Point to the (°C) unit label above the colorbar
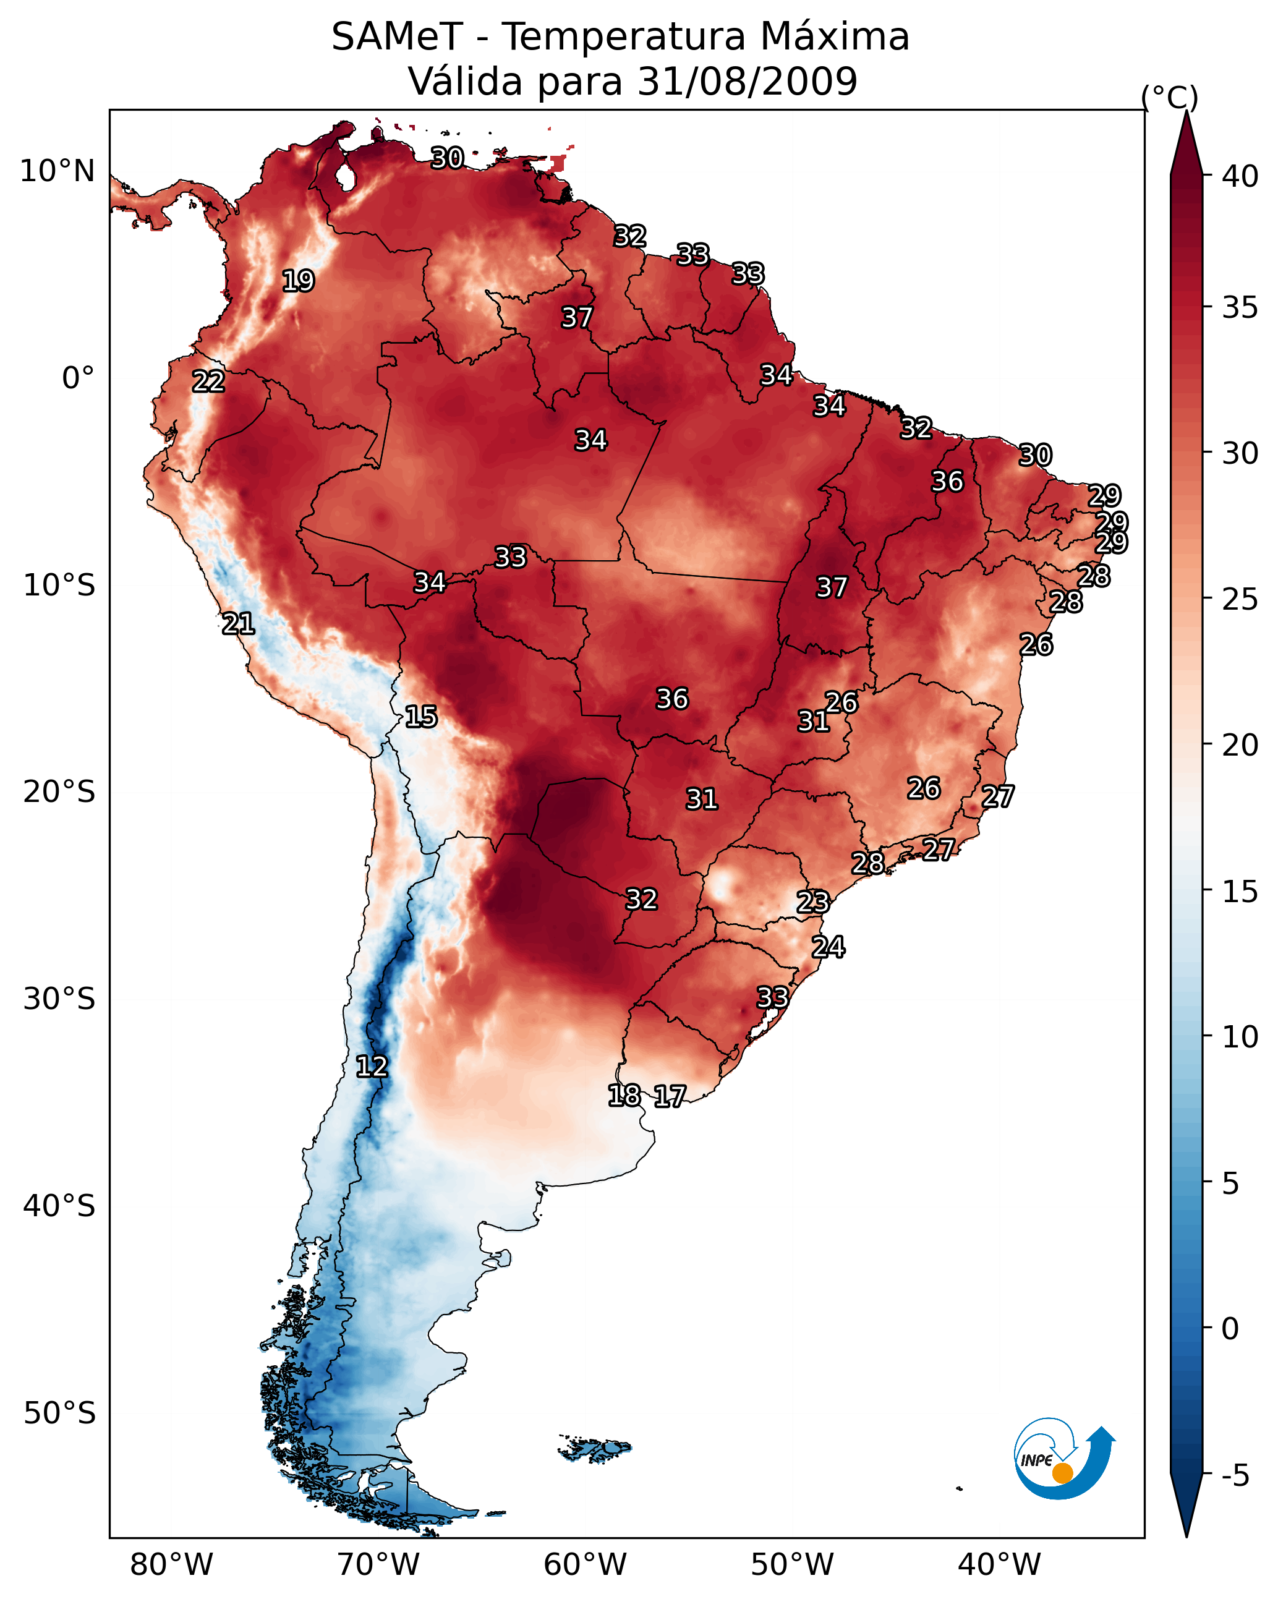click(x=1170, y=97)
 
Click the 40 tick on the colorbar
click(x=1240, y=176)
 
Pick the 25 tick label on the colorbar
click(x=1240, y=599)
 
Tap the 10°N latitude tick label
click(x=57, y=171)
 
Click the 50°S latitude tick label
click(x=59, y=1414)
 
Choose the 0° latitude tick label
click(x=78, y=378)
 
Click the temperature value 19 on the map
click(x=298, y=281)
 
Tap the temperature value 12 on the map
click(x=372, y=1067)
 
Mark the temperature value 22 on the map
click(x=208, y=382)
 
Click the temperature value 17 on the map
click(x=670, y=1096)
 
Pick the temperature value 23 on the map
click(x=813, y=902)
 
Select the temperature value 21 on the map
click(x=238, y=624)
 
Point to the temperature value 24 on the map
click(x=828, y=947)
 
